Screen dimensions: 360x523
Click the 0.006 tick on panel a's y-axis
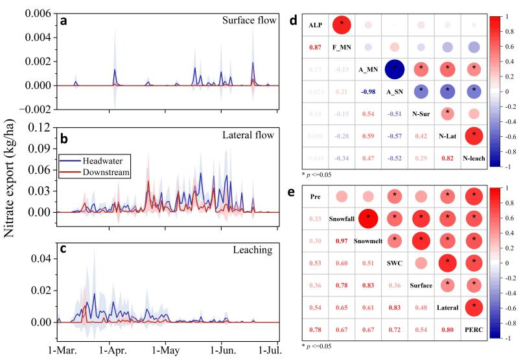39,14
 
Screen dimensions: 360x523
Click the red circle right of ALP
343,25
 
